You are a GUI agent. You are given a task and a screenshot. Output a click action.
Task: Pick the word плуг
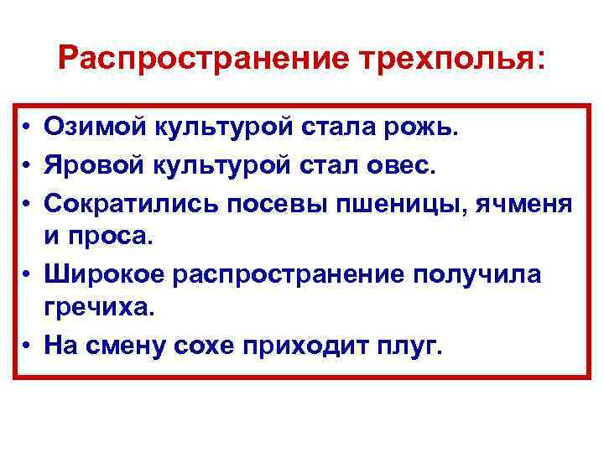pyautogui.click(x=411, y=344)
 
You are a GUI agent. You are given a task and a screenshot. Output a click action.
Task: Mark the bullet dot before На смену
pyautogui.click(x=29, y=345)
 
